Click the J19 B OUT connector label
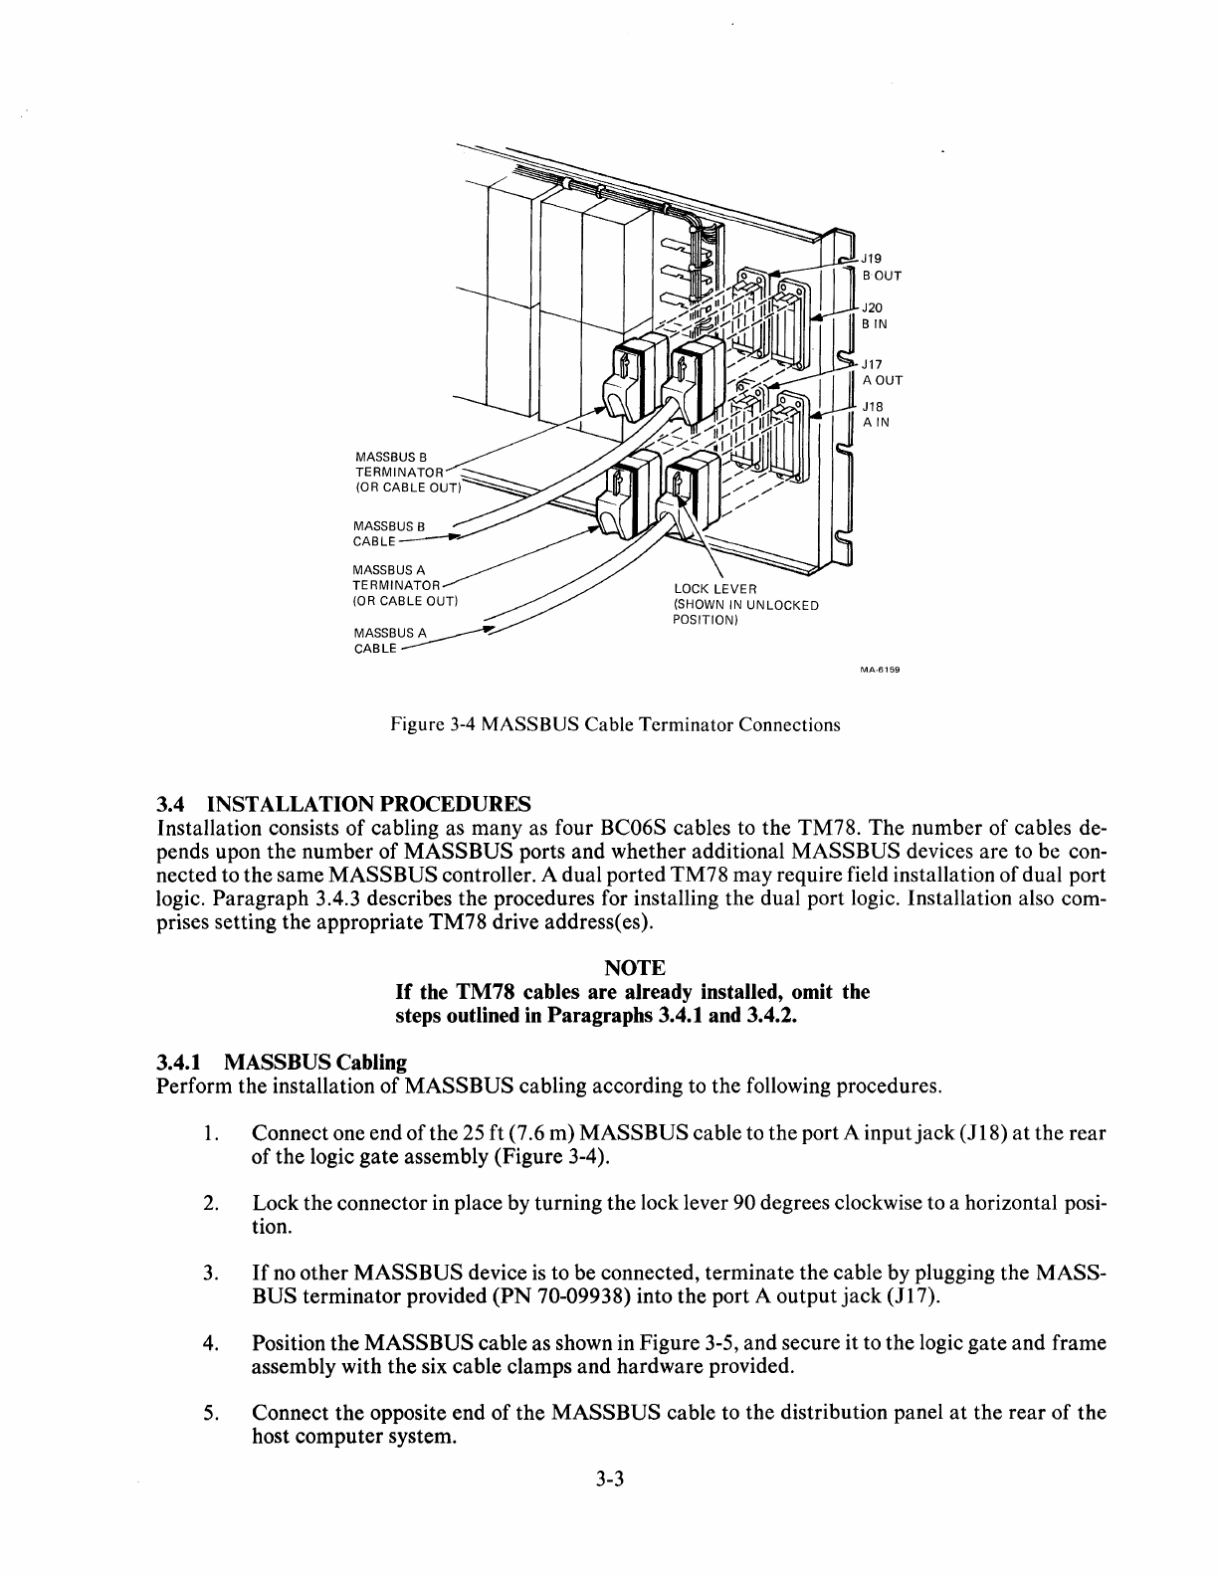[x=880, y=266]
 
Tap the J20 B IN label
[x=875, y=315]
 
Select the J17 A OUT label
[x=881, y=371]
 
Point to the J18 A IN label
[x=875, y=414]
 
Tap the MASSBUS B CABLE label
[x=388, y=533]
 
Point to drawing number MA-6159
[x=880, y=670]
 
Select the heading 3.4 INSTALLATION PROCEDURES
[x=343, y=803]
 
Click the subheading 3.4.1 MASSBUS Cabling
[x=282, y=1063]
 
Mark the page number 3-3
[x=609, y=1478]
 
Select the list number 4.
[x=210, y=1343]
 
